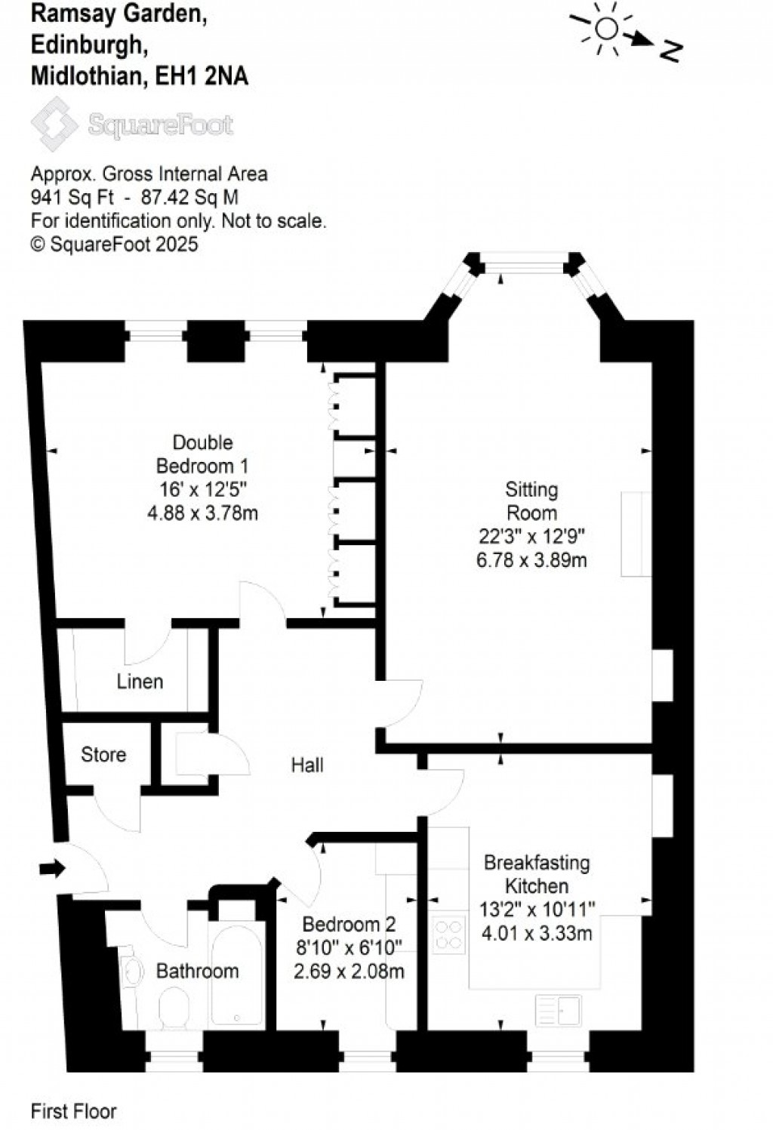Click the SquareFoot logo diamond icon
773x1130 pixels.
[54, 125]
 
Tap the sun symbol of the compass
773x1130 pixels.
[606, 29]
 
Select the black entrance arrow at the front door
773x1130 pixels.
[52, 869]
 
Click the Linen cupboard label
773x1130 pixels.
[140, 682]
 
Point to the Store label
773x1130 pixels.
[103, 755]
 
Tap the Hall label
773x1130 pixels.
[307, 765]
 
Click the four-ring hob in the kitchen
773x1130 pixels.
[448, 934]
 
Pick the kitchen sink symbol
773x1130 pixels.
[559, 1010]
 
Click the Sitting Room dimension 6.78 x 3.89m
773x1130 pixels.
[531, 561]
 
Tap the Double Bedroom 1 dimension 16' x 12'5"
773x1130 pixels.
[202, 490]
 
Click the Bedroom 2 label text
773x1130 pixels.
[349, 925]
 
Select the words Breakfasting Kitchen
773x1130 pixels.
[537, 874]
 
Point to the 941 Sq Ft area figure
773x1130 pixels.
[72, 198]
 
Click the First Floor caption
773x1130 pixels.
[74, 1111]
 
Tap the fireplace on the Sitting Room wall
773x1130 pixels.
[636, 534]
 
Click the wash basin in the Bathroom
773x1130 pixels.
[132, 971]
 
